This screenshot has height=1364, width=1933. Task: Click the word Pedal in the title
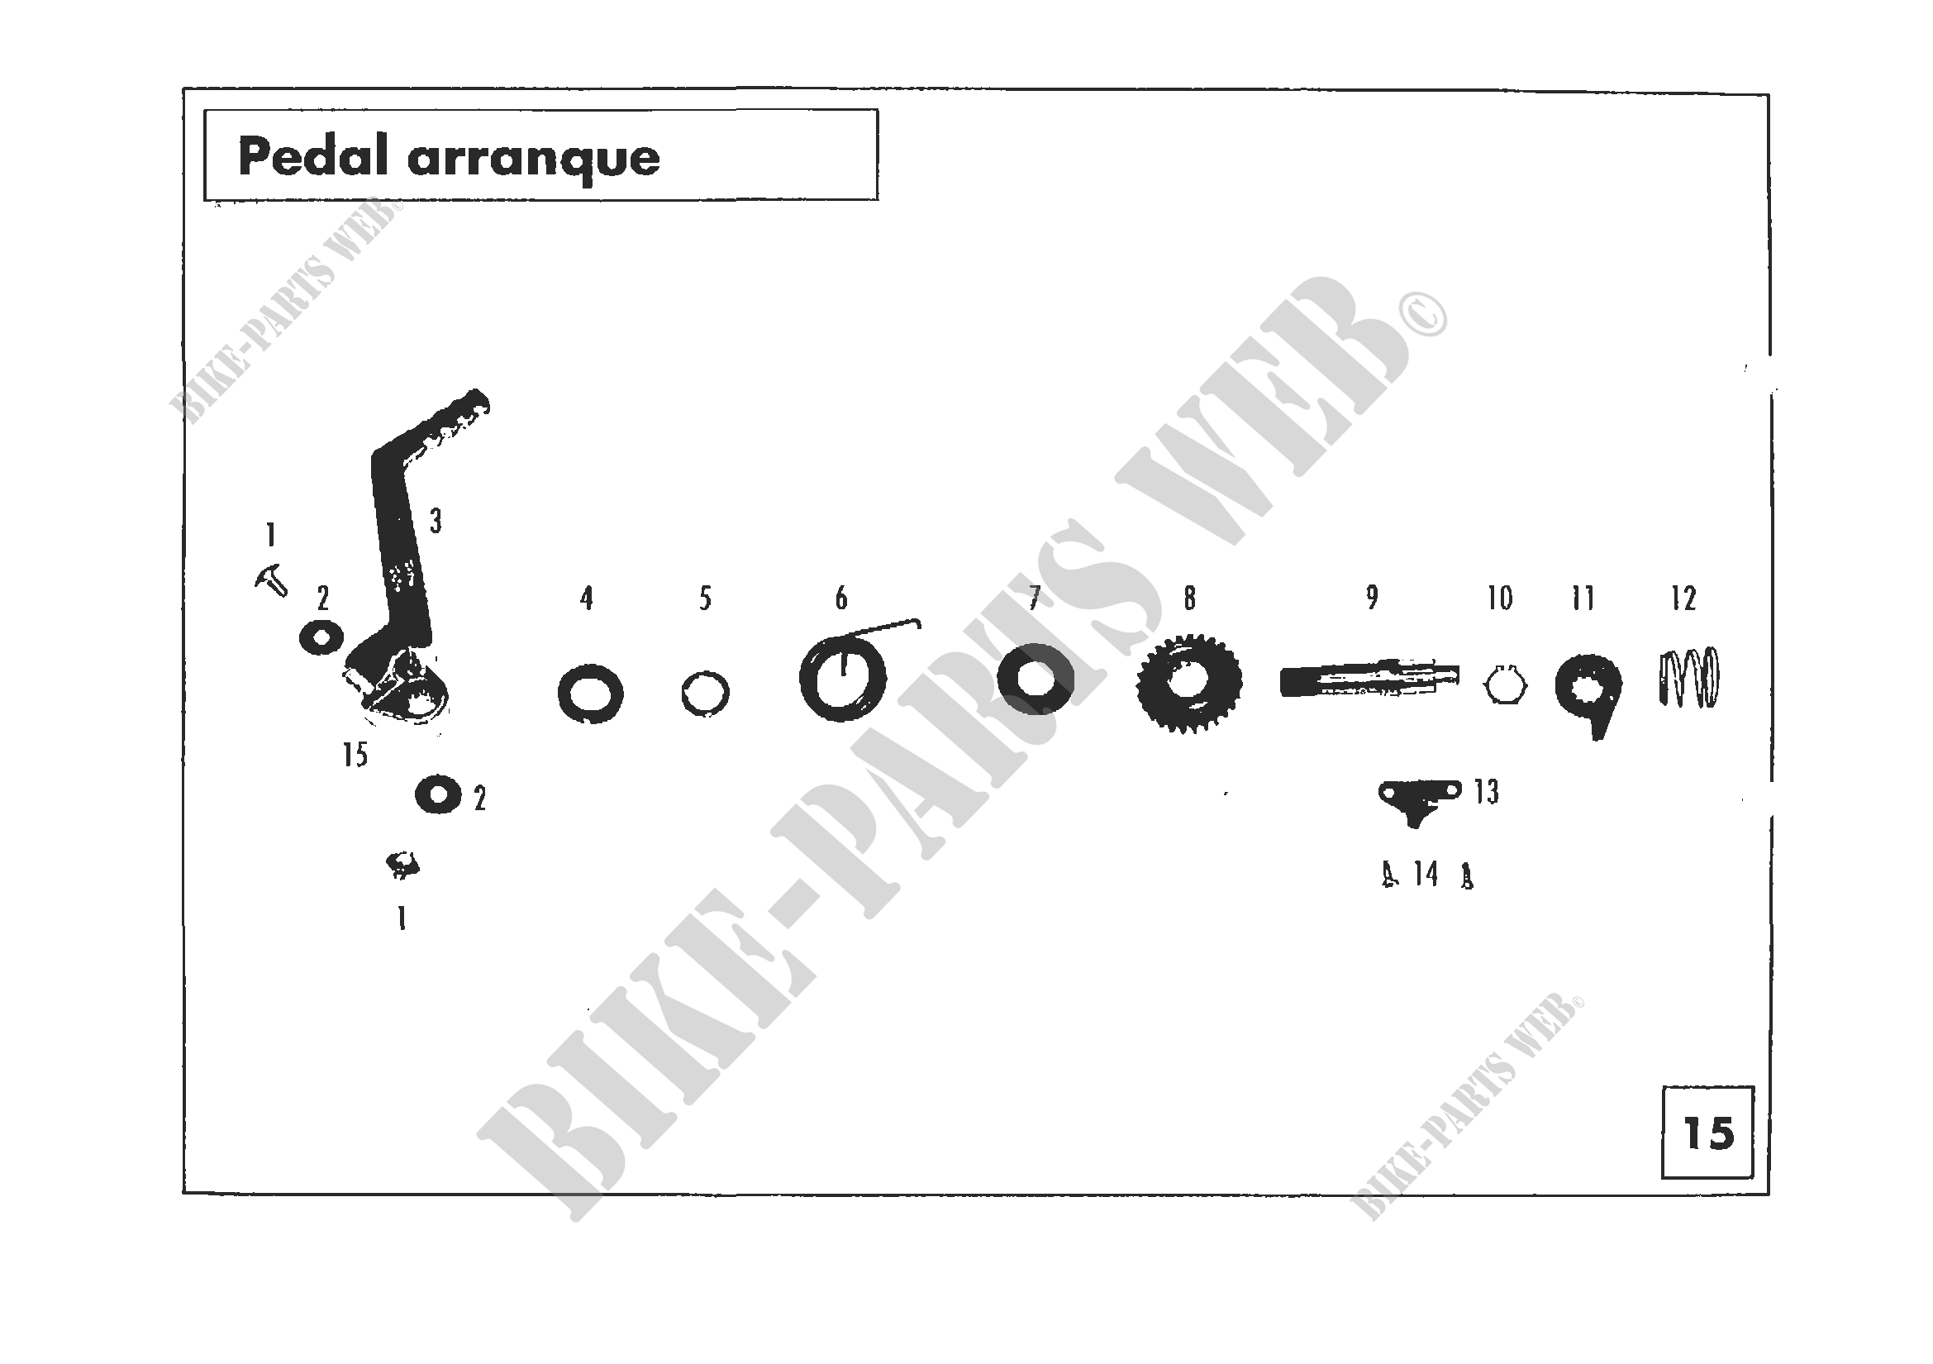coord(314,156)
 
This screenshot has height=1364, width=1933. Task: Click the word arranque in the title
coord(534,158)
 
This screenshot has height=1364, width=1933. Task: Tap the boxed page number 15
coord(1708,1133)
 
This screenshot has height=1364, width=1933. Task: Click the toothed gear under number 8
coord(1188,682)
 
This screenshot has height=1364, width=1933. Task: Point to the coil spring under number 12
coord(1688,678)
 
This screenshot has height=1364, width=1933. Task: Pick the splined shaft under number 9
coord(1369,680)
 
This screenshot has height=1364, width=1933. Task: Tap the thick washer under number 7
coord(1035,679)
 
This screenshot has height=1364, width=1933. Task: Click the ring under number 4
coord(590,694)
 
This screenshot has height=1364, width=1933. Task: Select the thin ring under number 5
coord(705,694)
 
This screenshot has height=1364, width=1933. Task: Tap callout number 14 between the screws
coord(1426,874)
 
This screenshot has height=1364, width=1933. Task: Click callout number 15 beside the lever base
coord(355,755)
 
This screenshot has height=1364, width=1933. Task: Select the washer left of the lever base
coord(321,637)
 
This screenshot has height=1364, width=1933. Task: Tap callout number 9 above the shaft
coord(1373,597)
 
